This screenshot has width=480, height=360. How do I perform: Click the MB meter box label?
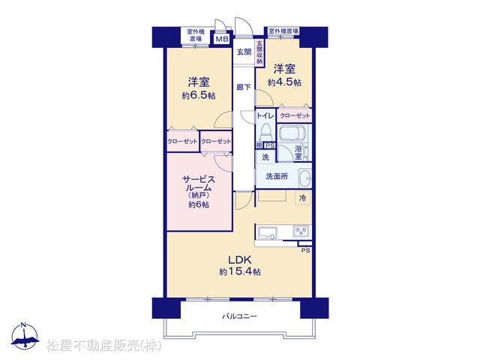[222, 39]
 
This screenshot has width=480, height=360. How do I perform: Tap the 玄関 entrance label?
[244, 52]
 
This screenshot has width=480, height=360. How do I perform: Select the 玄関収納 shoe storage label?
[259, 52]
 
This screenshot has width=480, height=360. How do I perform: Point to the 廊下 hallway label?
[244, 87]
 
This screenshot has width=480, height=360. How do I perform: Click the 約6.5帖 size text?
[199, 95]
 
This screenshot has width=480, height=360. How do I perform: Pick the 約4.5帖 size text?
[284, 82]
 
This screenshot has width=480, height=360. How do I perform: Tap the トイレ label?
[265, 115]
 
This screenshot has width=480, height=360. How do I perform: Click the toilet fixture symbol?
[265, 132]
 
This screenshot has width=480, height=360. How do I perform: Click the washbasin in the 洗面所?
[305, 177]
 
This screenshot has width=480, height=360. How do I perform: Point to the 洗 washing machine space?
[265, 157]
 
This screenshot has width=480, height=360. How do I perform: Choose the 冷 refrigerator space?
[303, 198]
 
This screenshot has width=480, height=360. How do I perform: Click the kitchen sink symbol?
[268, 232]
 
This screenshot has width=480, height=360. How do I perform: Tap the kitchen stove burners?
[301, 231]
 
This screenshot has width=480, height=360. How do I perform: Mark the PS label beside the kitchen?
[305, 250]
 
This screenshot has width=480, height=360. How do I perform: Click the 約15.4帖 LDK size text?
[240, 271]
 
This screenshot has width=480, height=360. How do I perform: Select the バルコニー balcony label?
[240, 316]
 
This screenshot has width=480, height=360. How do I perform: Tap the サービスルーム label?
[199, 183]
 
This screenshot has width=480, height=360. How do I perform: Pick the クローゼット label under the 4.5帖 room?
[295, 115]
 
